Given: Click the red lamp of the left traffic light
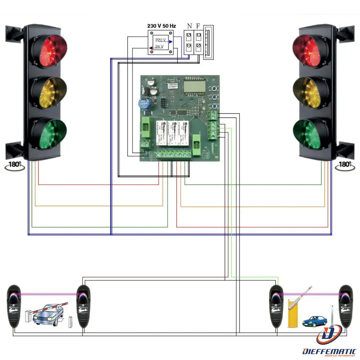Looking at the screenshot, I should tap(49, 51).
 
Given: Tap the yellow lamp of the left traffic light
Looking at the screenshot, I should tap(49, 92).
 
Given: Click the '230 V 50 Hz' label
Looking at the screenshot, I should tap(162, 26).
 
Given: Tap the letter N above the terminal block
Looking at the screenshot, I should tap(189, 26).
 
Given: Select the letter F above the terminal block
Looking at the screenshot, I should tap(198, 26).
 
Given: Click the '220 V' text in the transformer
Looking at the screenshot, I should tap(161, 40).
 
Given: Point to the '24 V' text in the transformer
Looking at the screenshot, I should tap(159, 46).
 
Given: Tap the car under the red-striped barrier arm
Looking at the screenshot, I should tap(46, 315).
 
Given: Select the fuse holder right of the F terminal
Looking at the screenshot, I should tap(208, 42).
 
